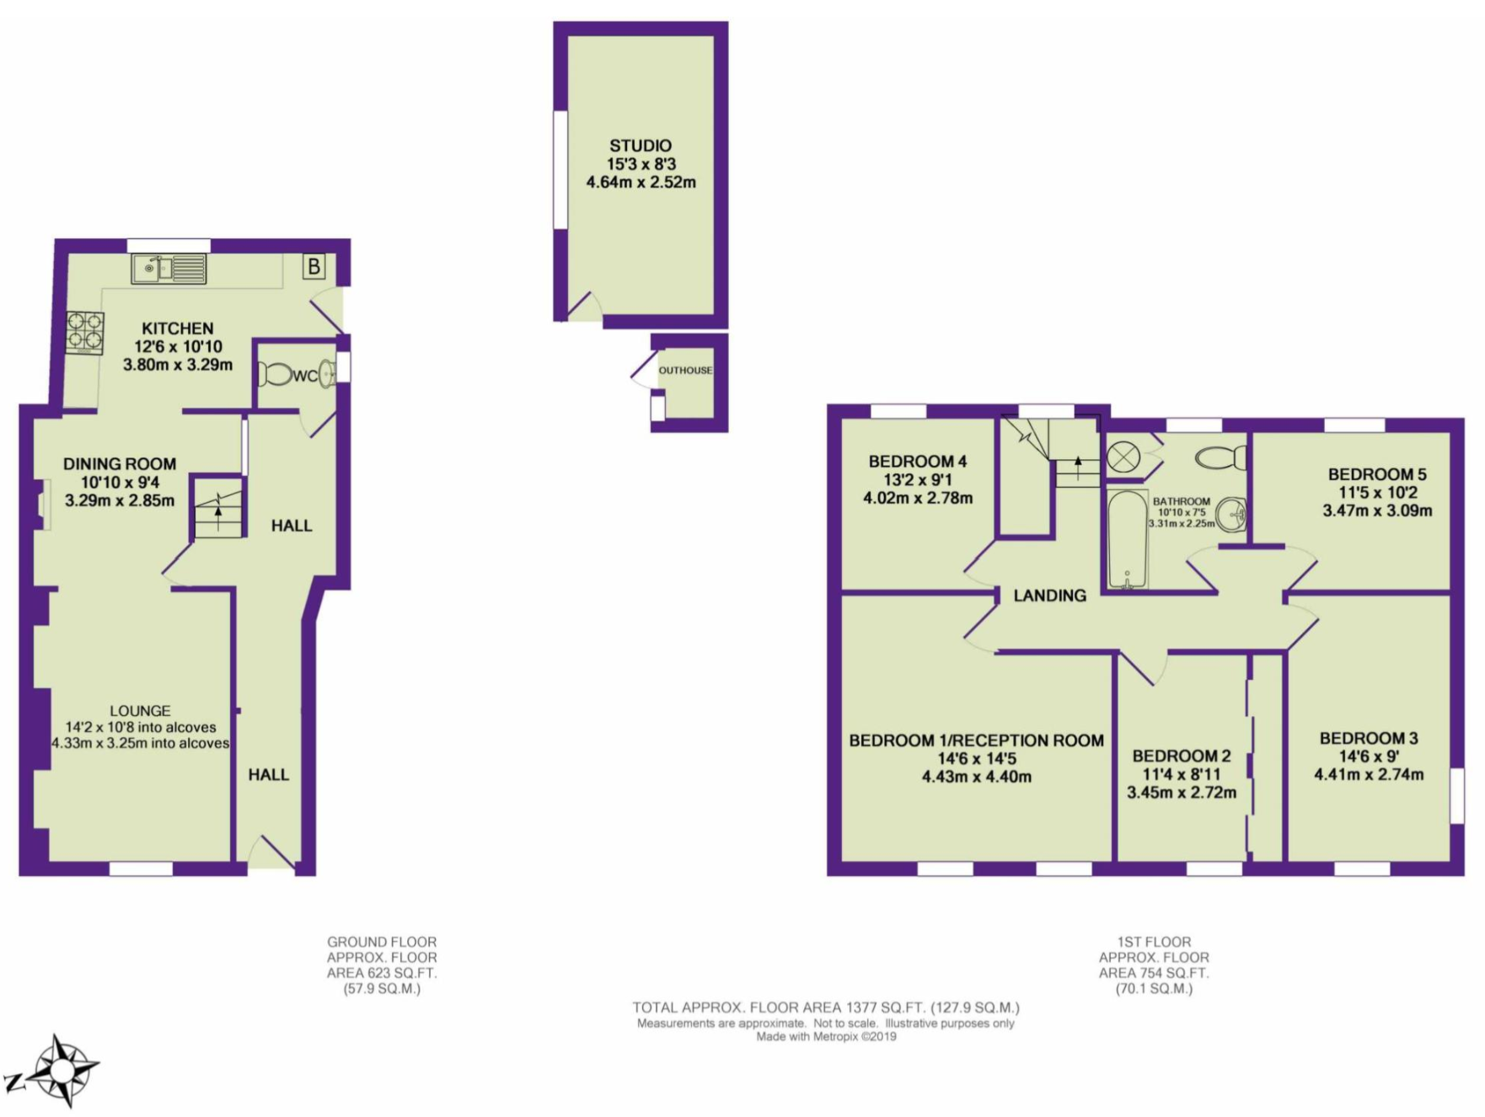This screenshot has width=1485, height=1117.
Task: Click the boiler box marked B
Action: click(x=314, y=268)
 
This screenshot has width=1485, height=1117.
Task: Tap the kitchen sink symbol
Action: click(x=169, y=269)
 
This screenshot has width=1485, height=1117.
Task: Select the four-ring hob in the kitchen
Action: click(x=86, y=332)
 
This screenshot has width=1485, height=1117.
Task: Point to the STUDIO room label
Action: click(x=641, y=146)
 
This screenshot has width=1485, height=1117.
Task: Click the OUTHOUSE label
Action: click(x=685, y=371)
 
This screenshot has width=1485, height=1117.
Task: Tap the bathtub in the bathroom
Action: click(x=1127, y=539)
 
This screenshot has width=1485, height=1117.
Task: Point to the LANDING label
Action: click(x=1049, y=596)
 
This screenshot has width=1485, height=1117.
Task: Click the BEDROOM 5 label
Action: click(x=1377, y=474)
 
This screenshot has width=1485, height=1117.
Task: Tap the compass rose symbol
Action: click(x=62, y=1071)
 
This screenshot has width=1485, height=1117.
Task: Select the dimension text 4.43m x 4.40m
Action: click(x=976, y=777)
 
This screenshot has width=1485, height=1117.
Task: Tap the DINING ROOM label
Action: click(x=120, y=463)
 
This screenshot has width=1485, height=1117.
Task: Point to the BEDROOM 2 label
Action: click(x=1181, y=756)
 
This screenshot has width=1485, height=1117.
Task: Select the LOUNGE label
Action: click(x=140, y=710)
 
